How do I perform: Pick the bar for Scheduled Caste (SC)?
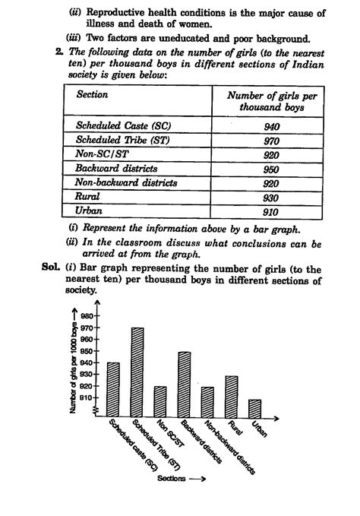coord(114,388)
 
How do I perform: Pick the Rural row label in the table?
coord(88,197)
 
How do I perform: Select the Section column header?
coord(92,95)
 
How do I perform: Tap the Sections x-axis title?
coord(182,480)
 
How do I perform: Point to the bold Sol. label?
coord(52,268)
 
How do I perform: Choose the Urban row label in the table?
coord(90,211)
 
